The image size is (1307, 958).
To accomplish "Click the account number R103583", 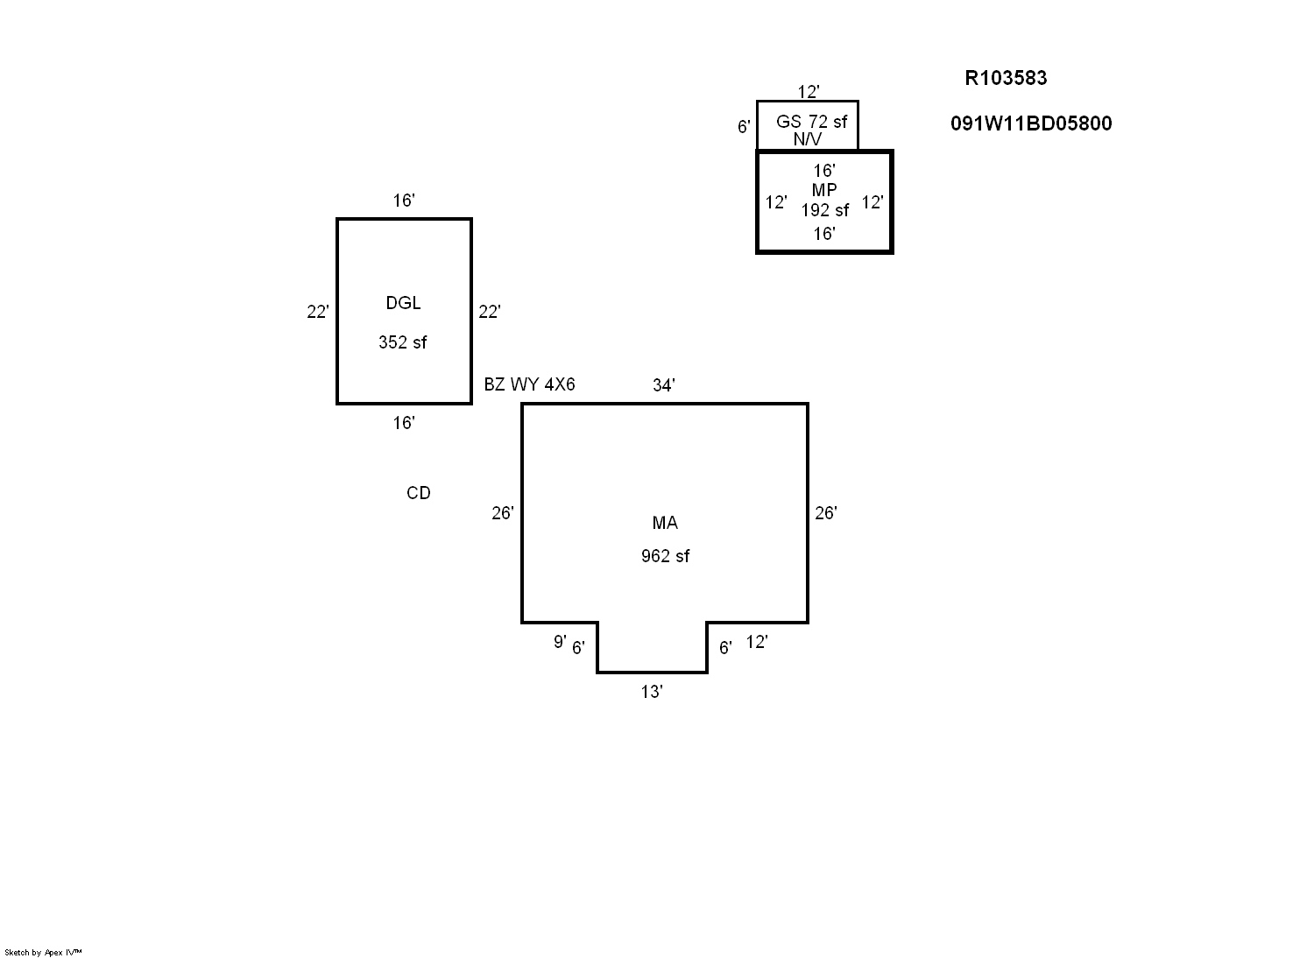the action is point(1006,78).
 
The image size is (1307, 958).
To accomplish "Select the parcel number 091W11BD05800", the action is point(1031,123).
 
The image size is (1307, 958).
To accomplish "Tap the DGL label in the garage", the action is point(403,303).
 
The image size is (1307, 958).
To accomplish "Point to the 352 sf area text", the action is point(403,342).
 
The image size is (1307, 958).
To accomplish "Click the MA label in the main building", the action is point(665,523).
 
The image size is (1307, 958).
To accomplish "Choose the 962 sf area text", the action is point(665,556).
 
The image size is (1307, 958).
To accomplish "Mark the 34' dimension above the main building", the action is point(663,385).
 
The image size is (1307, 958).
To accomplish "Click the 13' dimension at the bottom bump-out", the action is point(652,692).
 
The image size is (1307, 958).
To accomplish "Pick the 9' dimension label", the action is point(560,642).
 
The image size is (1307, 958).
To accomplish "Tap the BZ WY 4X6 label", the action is point(529,384).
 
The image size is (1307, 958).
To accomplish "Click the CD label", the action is point(419,493).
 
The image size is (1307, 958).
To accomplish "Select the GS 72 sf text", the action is point(811,122).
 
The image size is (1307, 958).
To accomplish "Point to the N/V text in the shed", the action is point(808,139).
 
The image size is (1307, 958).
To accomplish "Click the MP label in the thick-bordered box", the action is point(823,190).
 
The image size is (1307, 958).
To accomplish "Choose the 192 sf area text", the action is point(824,210).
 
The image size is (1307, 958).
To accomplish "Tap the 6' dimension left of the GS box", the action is point(744,127).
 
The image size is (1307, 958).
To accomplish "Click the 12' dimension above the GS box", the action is point(809,92).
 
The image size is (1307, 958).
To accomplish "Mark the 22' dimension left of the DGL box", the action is point(318,312).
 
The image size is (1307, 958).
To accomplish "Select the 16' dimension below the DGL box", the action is point(404,423).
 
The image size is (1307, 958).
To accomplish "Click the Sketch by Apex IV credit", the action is point(43,953).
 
